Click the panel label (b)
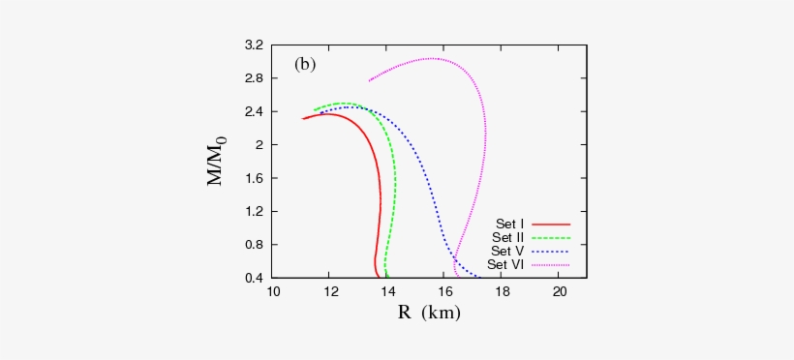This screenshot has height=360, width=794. [x=305, y=65]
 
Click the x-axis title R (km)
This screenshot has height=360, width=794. [x=428, y=313]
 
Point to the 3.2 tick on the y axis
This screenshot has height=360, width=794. [x=255, y=45]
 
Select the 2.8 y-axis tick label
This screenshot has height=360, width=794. [x=255, y=78]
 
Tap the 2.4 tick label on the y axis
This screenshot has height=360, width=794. [x=255, y=111]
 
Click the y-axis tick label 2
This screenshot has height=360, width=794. [x=260, y=145]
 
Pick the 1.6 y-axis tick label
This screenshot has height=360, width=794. [x=255, y=178]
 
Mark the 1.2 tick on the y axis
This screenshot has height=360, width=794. [x=255, y=211]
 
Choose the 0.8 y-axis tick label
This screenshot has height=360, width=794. [x=255, y=245]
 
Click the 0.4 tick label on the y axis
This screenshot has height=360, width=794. [x=255, y=278]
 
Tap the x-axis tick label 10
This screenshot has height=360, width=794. [x=273, y=291]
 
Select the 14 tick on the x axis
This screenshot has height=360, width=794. [x=387, y=291]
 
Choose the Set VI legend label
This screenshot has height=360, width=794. [x=505, y=264]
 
